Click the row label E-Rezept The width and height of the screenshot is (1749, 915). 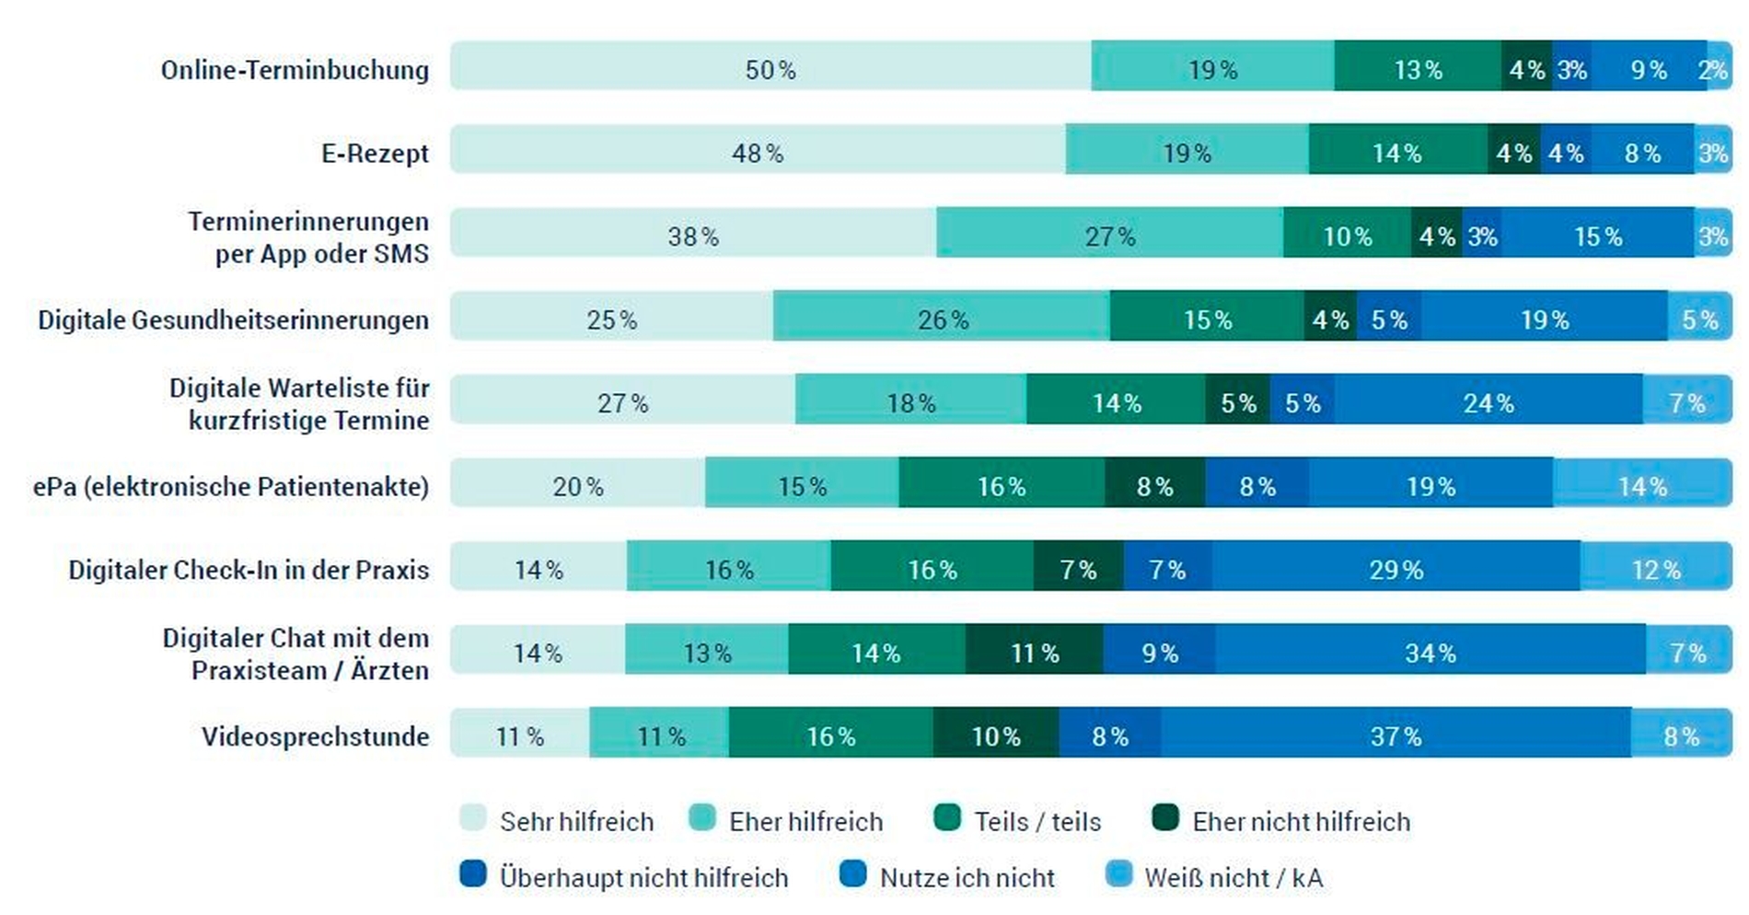(375, 153)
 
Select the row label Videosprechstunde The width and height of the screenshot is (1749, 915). (315, 736)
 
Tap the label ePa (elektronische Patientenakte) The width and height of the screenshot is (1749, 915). (231, 486)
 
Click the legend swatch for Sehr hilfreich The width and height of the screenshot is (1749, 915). (473, 818)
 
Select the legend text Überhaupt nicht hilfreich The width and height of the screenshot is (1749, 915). (643, 877)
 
